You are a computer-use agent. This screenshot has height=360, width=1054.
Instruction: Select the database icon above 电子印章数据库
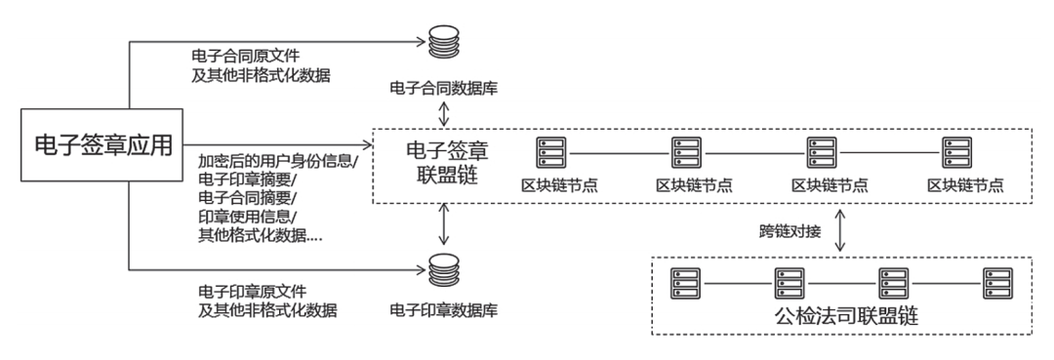[445, 269]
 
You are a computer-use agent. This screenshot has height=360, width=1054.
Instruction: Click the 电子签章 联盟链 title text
[445, 163]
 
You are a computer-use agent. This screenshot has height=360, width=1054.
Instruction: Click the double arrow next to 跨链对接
[842, 231]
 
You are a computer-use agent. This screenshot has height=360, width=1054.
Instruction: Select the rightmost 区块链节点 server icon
[955, 154]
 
